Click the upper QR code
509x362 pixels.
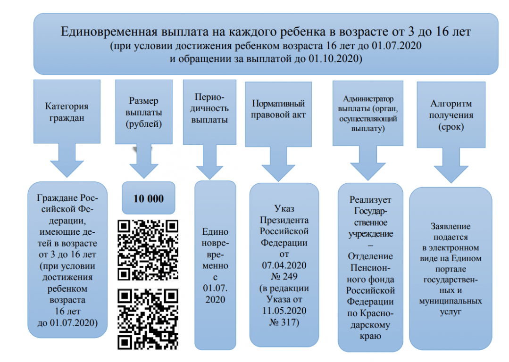(x=148, y=249)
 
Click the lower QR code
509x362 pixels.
(x=148, y=319)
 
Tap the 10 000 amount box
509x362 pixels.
(x=149, y=198)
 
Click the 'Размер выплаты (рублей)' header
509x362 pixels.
(x=143, y=113)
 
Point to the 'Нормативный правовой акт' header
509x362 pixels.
(x=278, y=109)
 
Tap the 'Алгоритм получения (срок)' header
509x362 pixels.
(x=451, y=115)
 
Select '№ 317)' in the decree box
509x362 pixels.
(x=285, y=322)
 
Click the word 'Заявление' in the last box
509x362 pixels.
(x=450, y=226)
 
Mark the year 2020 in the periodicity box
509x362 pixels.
(x=215, y=299)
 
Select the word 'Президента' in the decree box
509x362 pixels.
(x=285, y=220)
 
